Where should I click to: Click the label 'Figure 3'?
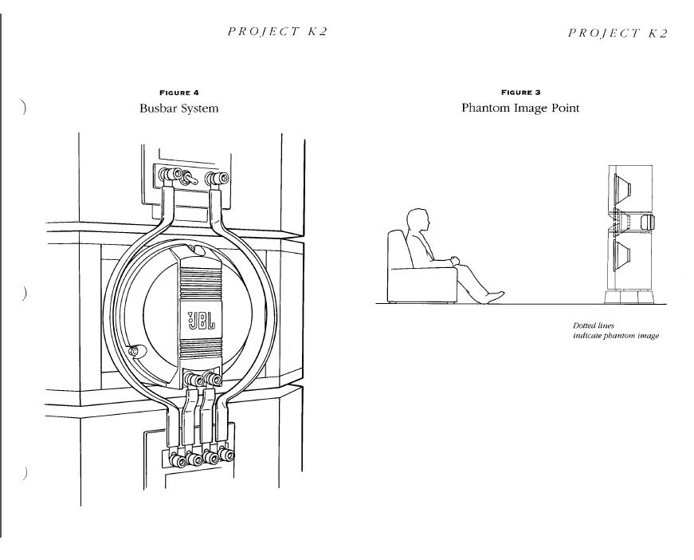520,93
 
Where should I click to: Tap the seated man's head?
418,222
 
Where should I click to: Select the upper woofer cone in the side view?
624,190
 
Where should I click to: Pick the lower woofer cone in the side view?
624,255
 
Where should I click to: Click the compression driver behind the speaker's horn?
648,221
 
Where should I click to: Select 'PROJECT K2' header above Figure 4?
277,32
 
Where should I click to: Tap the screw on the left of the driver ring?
134,349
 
